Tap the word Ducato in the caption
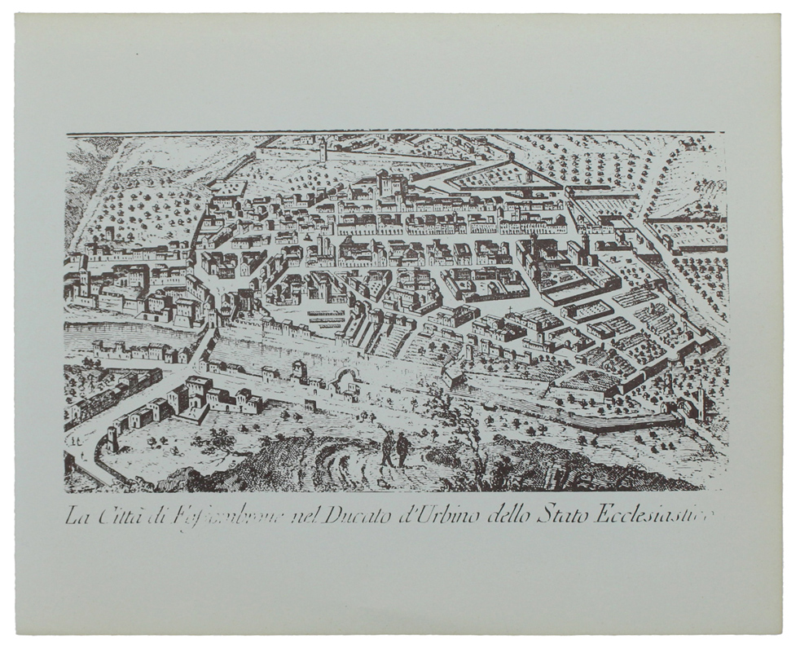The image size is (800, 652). pyautogui.click(x=358, y=515)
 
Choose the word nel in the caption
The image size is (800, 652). pyautogui.click(x=305, y=516)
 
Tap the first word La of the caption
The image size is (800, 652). pyautogui.click(x=76, y=516)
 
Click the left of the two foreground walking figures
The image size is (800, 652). pyautogui.click(x=389, y=449)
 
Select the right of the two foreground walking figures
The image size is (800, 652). pyautogui.click(x=402, y=449)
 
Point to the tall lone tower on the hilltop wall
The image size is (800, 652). pyautogui.click(x=323, y=149)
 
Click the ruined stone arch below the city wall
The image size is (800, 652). pyautogui.click(x=344, y=380)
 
